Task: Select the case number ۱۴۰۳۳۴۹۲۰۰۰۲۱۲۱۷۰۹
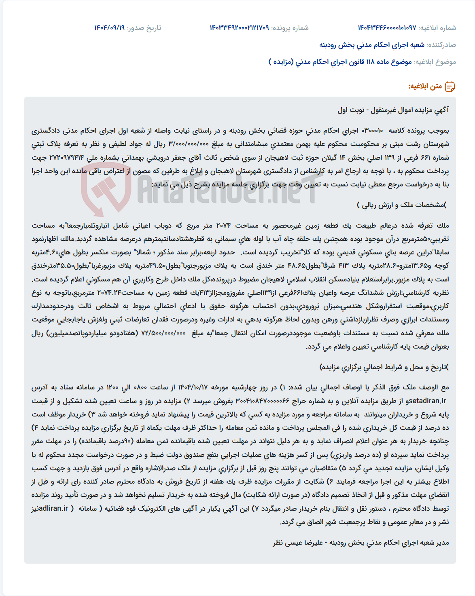point(239,27)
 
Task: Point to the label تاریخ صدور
point(144,27)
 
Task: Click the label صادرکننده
point(441,45)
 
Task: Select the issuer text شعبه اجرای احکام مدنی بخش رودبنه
point(372,45)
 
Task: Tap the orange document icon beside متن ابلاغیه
point(450,87)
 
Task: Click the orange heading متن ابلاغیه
point(425,87)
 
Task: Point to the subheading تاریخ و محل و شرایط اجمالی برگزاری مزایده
point(384,368)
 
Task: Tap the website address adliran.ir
point(50,509)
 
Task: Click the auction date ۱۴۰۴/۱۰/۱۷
point(192,387)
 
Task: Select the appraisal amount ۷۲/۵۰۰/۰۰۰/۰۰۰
point(163,333)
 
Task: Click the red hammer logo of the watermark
point(106,190)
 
